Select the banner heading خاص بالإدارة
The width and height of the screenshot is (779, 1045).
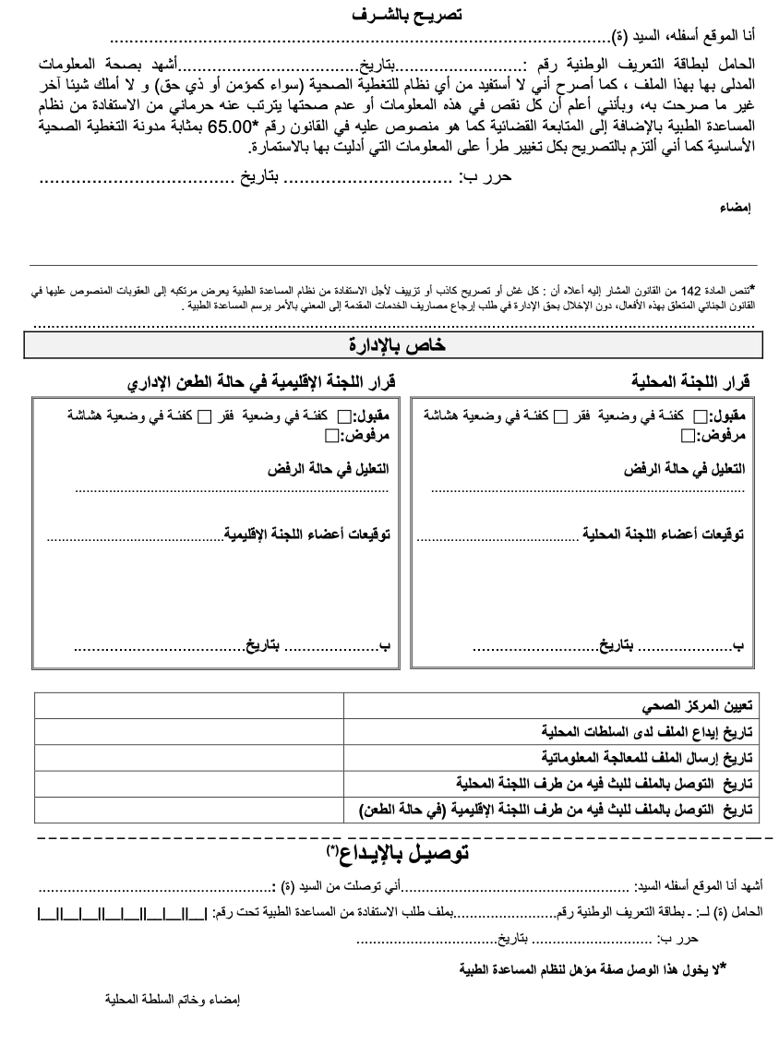click(394, 345)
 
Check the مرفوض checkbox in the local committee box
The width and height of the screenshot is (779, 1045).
click(689, 436)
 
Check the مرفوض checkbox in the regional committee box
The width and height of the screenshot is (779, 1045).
click(346, 436)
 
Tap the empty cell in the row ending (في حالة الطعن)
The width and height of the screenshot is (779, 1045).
click(188, 810)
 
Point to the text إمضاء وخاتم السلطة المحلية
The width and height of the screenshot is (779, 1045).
click(173, 999)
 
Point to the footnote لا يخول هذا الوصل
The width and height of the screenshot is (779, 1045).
click(593, 968)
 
